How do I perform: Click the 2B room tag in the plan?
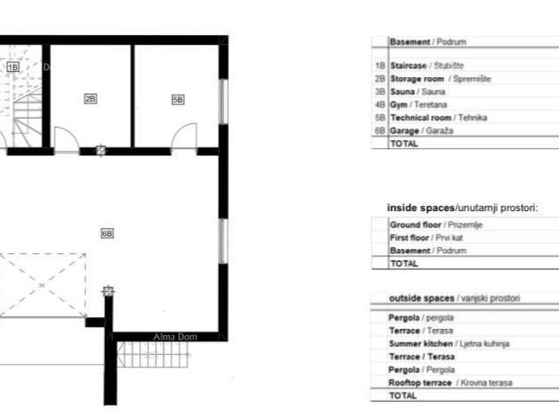pyautogui.click(x=90, y=98)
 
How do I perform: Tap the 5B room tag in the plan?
pyautogui.click(x=178, y=100)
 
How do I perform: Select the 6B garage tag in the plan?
pyautogui.click(x=107, y=234)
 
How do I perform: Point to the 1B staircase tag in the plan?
pyautogui.click(x=13, y=67)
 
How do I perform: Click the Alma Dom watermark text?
pyautogui.click(x=175, y=337)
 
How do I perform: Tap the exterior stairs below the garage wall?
pyautogui.click(x=153, y=354)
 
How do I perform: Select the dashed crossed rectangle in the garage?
pyautogui.click(x=42, y=285)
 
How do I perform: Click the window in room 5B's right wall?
pyautogui.click(x=224, y=101)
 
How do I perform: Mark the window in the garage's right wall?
pyautogui.click(x=224, y=241)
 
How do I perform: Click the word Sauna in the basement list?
pyautogui.click(x=403, y=92)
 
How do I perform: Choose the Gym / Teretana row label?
pyautogui.click(x=418, y=104)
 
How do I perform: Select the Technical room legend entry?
pyautogui.click(x=438, y=117)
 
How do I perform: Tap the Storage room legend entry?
pyautogui.click(x=440, y=79)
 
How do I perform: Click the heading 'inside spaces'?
pyautogui.click(x=421, y=208)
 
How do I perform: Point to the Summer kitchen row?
pyautogui.click(x=449, y=343)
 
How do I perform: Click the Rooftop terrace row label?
pyautogui.click(x=450, y=383)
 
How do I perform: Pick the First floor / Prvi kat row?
pyautogui.click(x=426, y=237)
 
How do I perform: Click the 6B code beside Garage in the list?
pyautogui.click(x=380, y=131)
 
